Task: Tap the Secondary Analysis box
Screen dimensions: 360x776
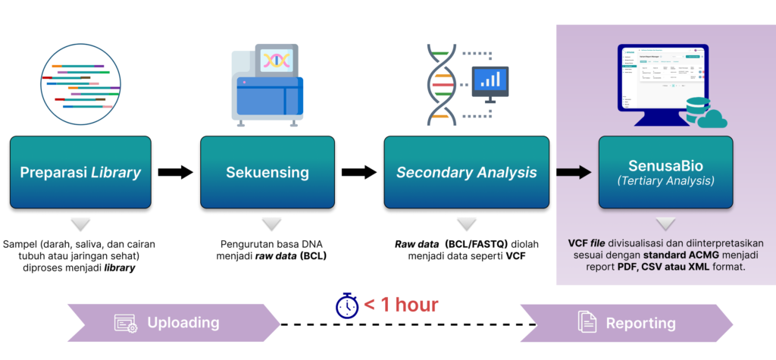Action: (x=466, y=173)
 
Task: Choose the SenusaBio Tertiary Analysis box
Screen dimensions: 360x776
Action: (x=664, y=173)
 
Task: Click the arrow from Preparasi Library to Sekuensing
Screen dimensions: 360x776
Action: (x=175, y=173)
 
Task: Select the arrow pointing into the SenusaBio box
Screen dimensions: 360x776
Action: (x=574, y=173)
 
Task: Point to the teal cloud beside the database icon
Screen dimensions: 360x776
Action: (x=712, y=119)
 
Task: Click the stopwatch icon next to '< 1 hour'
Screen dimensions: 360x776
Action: (x=347, y=305)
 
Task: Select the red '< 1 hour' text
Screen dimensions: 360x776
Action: (x=401, y=305)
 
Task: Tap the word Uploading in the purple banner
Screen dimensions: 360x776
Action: (x=183, y=323)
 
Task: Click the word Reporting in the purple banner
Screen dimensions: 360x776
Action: (x=640, y=323)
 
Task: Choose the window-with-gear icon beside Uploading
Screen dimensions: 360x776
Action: (x=125, y=323)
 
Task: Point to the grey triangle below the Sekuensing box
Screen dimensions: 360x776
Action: (x=270, y=225)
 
